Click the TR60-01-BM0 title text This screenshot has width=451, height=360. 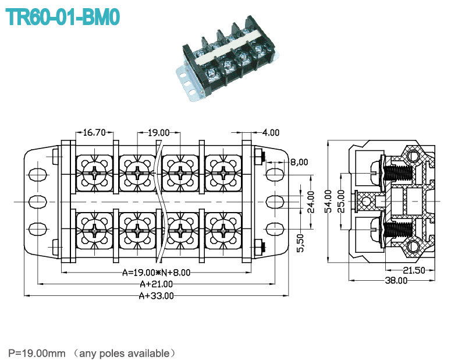point(62,17)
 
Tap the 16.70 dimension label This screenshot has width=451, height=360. point(94,133)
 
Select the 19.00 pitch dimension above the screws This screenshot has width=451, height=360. point(159,133)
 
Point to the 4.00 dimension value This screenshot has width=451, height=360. point(271,132)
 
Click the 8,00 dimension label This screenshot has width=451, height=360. point(299,162)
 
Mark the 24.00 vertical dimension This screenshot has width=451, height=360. point(311,202)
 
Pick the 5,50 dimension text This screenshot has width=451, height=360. point(300,243)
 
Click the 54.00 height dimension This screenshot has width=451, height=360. point(328,201)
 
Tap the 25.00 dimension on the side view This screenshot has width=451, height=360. point(341,201)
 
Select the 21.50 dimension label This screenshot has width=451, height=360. point(414,270)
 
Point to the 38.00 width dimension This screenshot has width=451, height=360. point(396,280)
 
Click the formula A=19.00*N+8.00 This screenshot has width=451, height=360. point(156,273)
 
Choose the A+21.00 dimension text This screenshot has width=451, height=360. point(156,284)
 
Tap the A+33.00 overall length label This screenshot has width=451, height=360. point(156,296)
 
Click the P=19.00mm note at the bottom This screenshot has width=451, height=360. point(37,353)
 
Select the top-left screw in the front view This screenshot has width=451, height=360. point(94,173)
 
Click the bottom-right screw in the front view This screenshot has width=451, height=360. point(223,231)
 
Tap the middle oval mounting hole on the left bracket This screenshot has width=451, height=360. point(38,202)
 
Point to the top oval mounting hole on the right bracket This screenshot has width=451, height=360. point(275,175)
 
